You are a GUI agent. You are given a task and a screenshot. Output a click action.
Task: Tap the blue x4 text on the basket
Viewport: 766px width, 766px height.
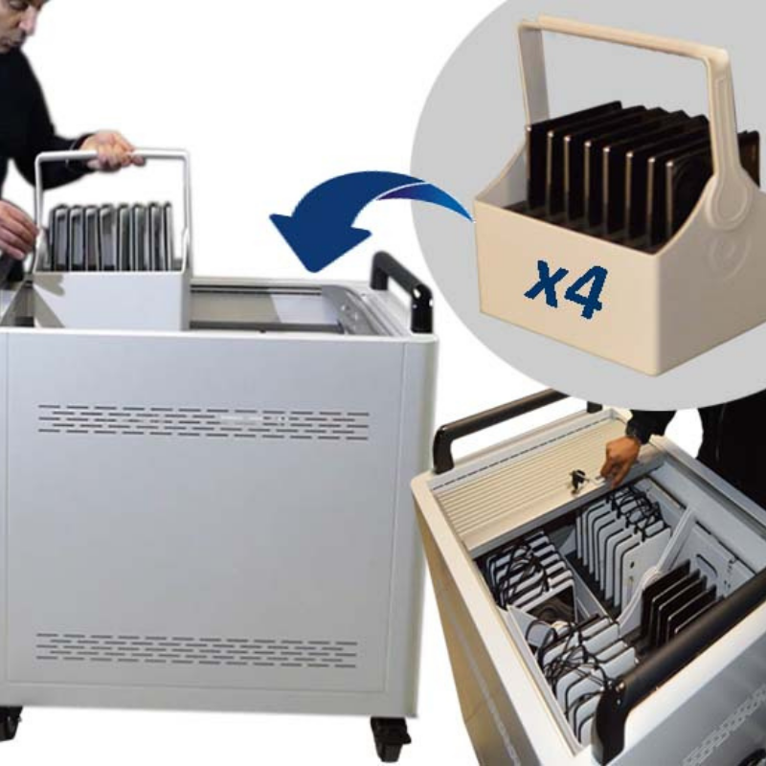(566, 289)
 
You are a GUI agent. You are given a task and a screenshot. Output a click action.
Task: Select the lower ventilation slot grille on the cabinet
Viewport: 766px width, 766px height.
(196, 650)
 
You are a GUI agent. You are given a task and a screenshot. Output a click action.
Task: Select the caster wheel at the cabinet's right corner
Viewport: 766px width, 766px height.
(391, 736)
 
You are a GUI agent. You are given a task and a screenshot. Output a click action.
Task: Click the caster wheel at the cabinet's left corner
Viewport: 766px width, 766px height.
(10, 723)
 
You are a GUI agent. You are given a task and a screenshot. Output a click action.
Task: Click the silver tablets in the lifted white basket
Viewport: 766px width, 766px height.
(110, 236)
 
